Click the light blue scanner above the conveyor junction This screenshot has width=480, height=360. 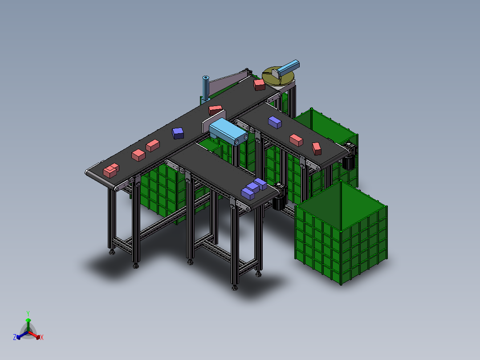point(228,132)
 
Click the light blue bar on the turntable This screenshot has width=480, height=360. point(288,68)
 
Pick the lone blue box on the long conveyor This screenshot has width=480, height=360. point(178,133)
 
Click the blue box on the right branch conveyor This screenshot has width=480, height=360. point(274,122)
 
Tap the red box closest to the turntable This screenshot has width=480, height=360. point(259,85)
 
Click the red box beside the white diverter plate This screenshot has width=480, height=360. point(216,110)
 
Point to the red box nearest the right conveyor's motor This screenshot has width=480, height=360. point(317,148)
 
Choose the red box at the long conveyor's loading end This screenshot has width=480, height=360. point(111,170)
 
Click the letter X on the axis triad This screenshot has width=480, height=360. point(42,338)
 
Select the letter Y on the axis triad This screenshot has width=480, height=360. point(28,313)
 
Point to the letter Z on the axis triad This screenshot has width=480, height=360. point(15,337)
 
